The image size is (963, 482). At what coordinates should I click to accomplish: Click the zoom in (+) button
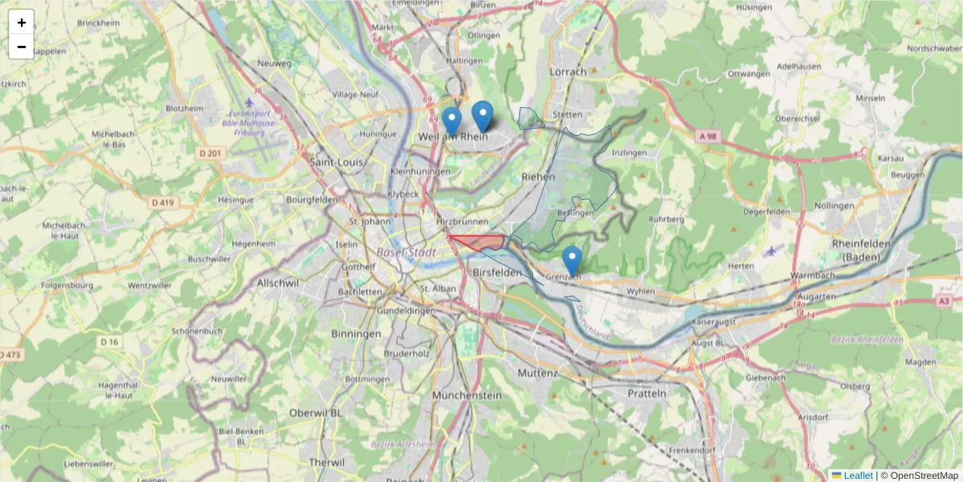[22, 22]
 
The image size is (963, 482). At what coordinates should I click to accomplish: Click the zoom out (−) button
[22, 47]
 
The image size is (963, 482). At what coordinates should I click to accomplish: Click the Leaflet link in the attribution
[858, 476]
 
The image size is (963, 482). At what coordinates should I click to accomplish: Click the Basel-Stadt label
[407, 252]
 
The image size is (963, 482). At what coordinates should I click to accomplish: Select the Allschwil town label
[278, 283]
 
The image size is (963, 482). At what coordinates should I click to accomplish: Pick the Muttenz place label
[538, 374]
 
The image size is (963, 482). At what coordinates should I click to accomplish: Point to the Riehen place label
[538, 176]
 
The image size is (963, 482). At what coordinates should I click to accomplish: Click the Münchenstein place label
[466, 395]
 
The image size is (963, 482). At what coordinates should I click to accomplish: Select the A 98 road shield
[707, 137]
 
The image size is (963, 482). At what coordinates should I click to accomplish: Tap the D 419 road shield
[162, 202]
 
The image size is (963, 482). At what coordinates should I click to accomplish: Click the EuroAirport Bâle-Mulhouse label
[251, 123]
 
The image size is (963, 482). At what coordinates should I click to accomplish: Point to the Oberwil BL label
[316, 413]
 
